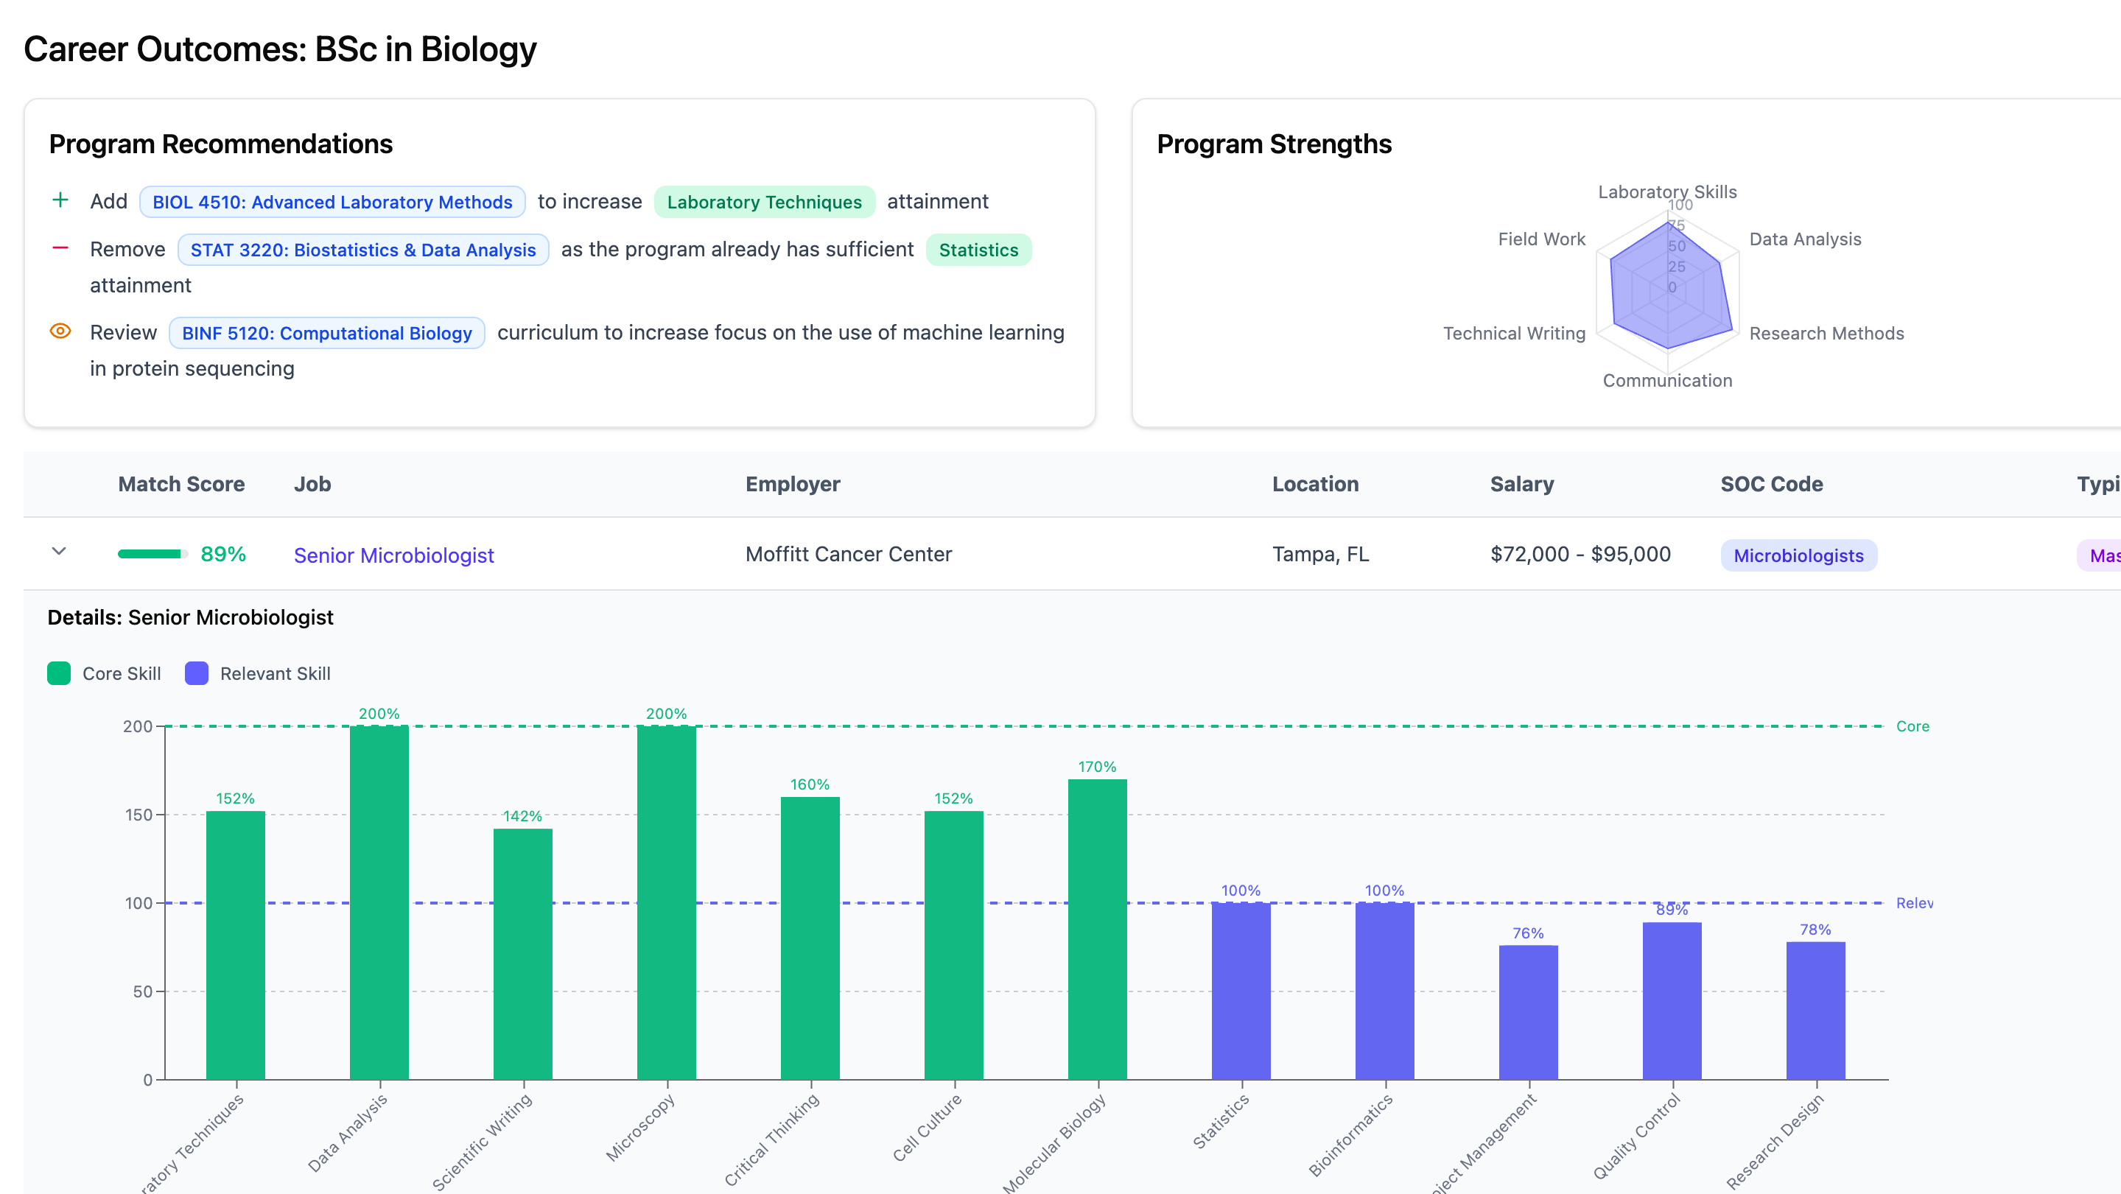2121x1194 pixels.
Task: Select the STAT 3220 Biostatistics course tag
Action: pos(363,250)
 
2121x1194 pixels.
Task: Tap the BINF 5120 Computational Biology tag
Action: pos(327,333)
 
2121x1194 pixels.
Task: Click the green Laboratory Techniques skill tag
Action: pos(764,202)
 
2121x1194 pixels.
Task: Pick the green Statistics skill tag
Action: pos(978,250)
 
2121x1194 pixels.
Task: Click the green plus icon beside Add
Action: pos(60,200)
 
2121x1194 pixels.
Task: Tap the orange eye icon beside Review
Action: pos(60,331)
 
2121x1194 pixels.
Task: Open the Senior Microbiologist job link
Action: pos(393,555)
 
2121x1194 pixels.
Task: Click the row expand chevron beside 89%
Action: pos(58,552)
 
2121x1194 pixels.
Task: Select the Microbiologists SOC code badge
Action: pos(1798,555)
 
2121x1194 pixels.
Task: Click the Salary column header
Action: pos(1521,484)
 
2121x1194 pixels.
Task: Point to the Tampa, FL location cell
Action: pos(1320,554)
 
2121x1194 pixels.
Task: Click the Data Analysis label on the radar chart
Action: pos(1805,239)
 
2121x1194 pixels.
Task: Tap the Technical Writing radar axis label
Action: pos(1513,333)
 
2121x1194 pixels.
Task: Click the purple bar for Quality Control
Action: pos(1672,1000)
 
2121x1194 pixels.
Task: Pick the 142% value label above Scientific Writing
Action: pos(522,815)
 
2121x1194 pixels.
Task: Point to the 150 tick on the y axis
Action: pos(139,815)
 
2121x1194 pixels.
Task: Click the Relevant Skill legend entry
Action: pos(258,673)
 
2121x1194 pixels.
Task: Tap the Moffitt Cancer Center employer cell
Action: pos(848,554)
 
